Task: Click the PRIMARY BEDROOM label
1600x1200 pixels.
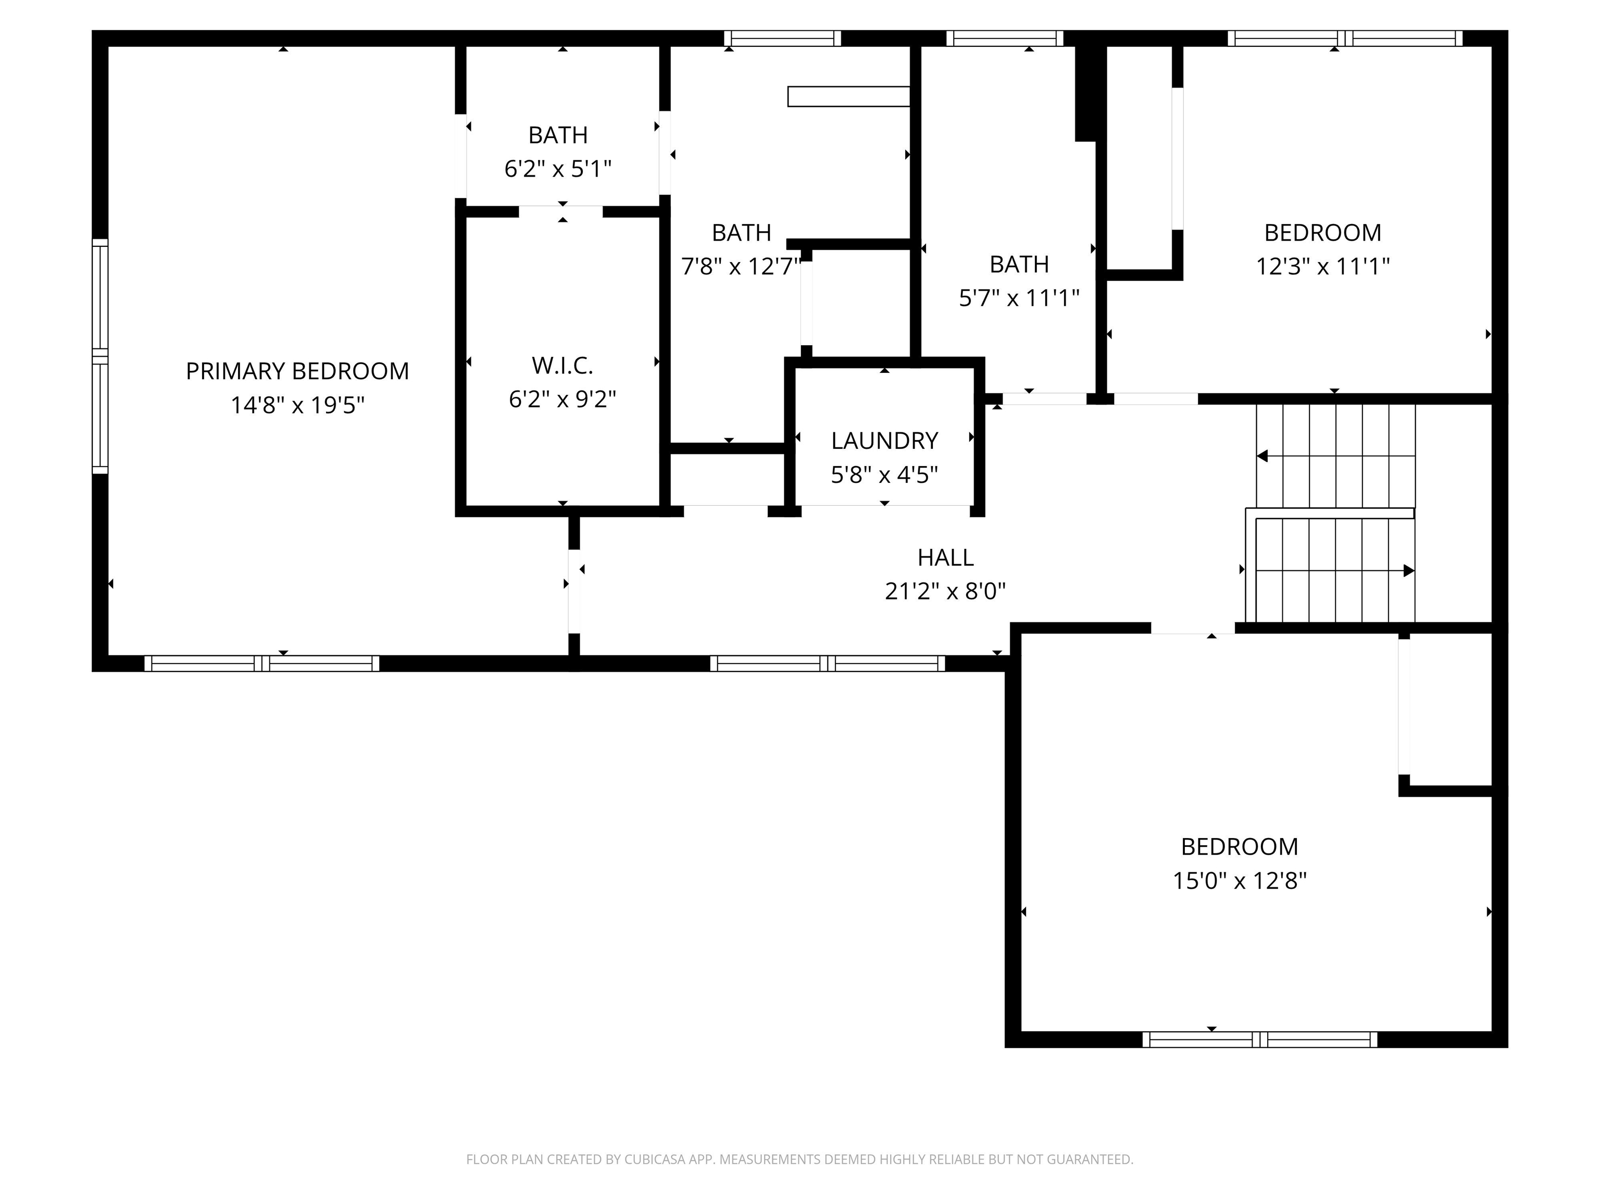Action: click(297, 371)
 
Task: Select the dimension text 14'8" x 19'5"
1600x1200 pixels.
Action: click(297, 405)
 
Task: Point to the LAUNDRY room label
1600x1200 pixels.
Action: click(884, 441)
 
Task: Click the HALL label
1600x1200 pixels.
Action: click(945, 558)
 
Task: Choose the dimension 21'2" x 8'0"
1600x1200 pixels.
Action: click(945, 592)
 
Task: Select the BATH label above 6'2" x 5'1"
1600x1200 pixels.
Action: click(558, 135)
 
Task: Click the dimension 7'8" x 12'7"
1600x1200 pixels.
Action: click(741, 267)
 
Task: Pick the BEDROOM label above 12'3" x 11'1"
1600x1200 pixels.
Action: click(1322, 233)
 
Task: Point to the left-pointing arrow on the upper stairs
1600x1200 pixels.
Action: click(1263, 456)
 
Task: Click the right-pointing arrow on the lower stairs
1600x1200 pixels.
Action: click(1408, 571)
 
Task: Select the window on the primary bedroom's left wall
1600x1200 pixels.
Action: click(100, 357)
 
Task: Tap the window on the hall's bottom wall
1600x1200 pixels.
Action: click(827, 664)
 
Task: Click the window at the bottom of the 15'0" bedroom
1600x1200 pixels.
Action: click(1259, 1040)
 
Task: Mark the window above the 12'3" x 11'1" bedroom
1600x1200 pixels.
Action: click(1344, 39)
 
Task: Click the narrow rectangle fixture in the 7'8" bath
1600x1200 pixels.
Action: click(848, 96)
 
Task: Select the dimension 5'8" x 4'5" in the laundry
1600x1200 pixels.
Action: click(884, 475)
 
